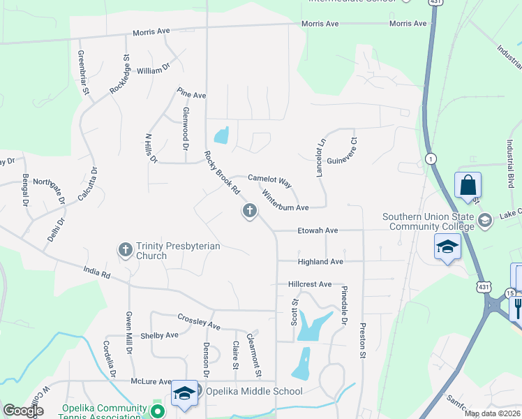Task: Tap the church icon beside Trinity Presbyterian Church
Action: point(126,249)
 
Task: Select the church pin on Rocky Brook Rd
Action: point(249,210)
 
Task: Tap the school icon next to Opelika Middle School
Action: point(184,393)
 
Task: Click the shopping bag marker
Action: point(468,185)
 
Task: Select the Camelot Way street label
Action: point(270,179)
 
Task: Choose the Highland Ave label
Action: point(320,261)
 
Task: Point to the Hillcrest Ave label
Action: point(310,285)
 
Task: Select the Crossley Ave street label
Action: point(199,321)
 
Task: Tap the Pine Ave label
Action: point(191,94)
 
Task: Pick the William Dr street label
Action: point(154,70)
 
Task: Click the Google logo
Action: point(23,411)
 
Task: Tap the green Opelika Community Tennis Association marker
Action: point(158,411)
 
